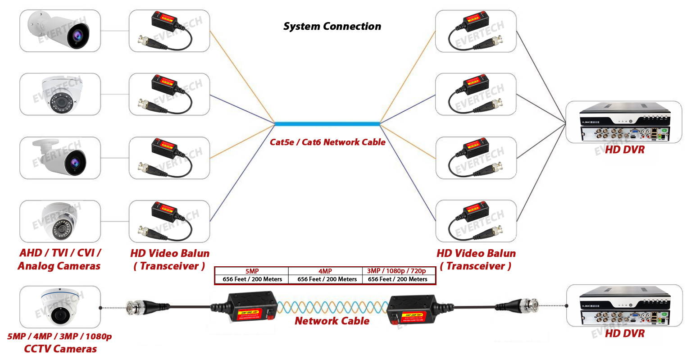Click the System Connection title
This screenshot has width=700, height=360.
[332, 27]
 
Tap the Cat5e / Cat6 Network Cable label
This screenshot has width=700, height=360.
[327, 142]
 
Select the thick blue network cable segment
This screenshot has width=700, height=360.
[327, 123]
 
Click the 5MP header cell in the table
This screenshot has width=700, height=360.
[252, 271]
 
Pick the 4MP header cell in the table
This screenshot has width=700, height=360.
[325, 271]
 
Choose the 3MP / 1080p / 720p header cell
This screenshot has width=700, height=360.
[396, 271]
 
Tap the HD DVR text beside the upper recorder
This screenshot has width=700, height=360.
[624, 150]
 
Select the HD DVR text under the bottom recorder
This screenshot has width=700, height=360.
[624, 334]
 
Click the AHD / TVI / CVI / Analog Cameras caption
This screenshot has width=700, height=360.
[59, 260]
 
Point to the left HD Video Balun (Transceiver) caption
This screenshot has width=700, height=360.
[169, 260]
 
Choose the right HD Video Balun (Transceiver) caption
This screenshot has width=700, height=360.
[476, 260]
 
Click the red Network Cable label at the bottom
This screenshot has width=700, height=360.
[332, 321]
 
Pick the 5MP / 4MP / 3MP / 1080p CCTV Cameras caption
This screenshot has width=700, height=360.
[60, 342]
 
